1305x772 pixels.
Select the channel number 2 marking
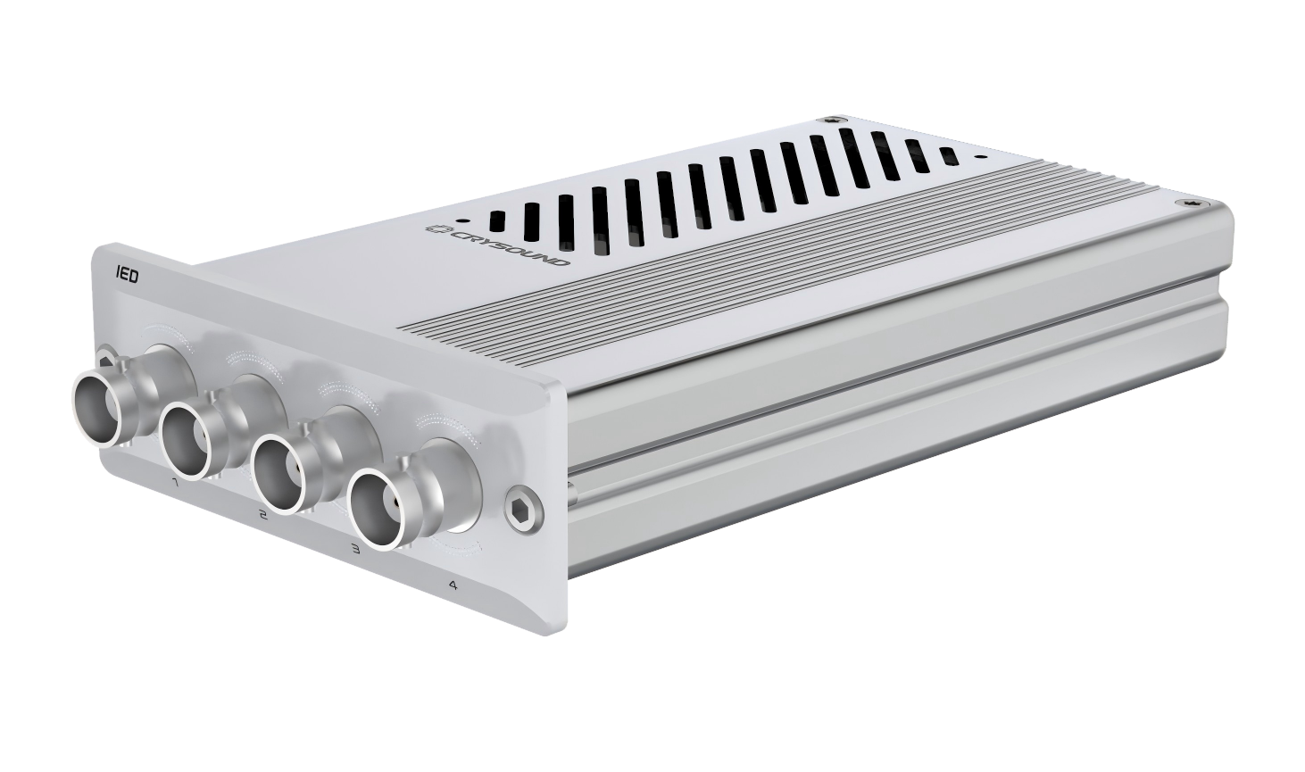coord(263,514)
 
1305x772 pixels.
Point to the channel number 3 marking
coord(354,548)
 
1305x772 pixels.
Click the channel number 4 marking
coord(452,585)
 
